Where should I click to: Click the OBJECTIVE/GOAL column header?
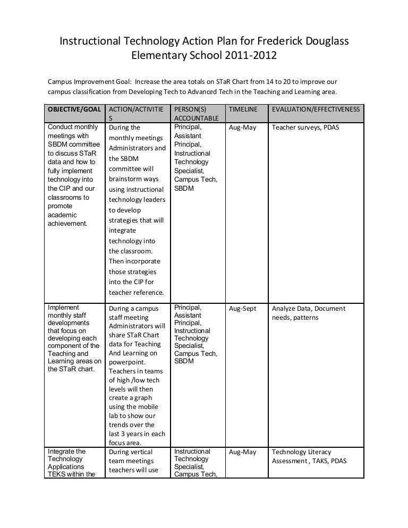pyautogui.click(x=73, y=109)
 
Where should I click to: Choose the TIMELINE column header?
pyautogui.click(x=243, y=109)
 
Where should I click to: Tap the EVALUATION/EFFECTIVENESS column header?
pyautogui.click(x=316, y=109)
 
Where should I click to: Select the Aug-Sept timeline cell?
pyautogui.click(x=242, y=309)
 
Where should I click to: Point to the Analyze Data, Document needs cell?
pyautogui.click(x=308, y=313)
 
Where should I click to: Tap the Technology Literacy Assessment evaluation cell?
pyautogui.click(x=309, y=456)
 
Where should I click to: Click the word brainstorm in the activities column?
pyautogui.click(x=128, y=180)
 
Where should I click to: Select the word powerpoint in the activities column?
pyautogui.click(x=126, y=362)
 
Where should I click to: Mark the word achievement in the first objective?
pyautogui.click(x=67, y=224)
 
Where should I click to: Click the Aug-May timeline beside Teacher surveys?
pyautogui.click(x=242, y=127)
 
